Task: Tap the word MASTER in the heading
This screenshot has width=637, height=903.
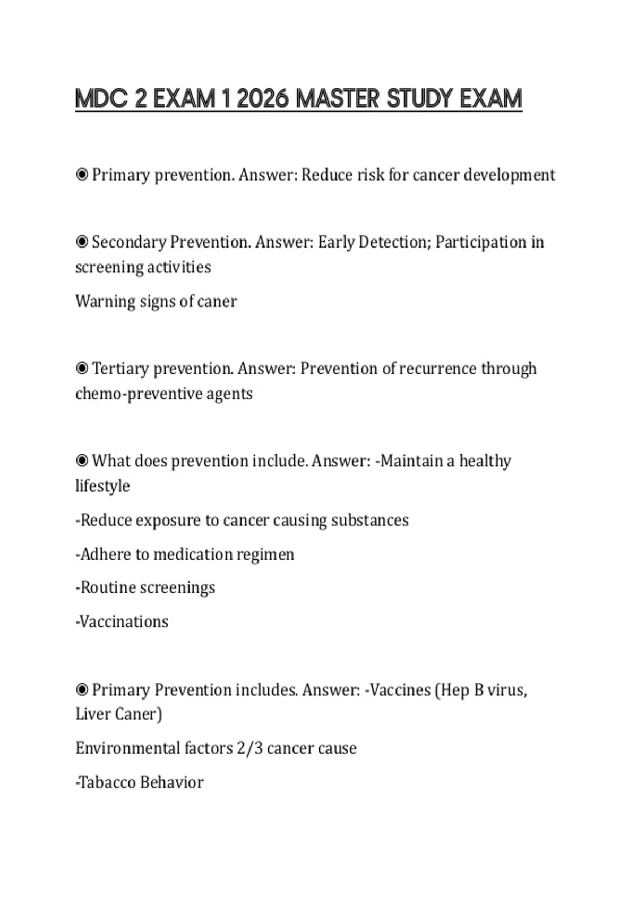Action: (337, 99)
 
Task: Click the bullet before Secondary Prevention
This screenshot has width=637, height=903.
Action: (82, 242)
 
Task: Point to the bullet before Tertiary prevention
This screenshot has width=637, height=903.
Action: (82, 368)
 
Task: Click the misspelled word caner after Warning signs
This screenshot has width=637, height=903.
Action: (217, 301)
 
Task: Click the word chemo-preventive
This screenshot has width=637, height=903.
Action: (139, 394)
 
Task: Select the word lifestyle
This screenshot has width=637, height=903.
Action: (102, 485)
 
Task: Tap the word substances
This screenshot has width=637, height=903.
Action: (369, 520)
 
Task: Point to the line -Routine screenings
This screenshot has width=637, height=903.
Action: (145, 587)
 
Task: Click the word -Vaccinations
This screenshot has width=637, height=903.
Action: (122, 621)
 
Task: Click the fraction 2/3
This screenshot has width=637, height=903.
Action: (249, 748)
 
